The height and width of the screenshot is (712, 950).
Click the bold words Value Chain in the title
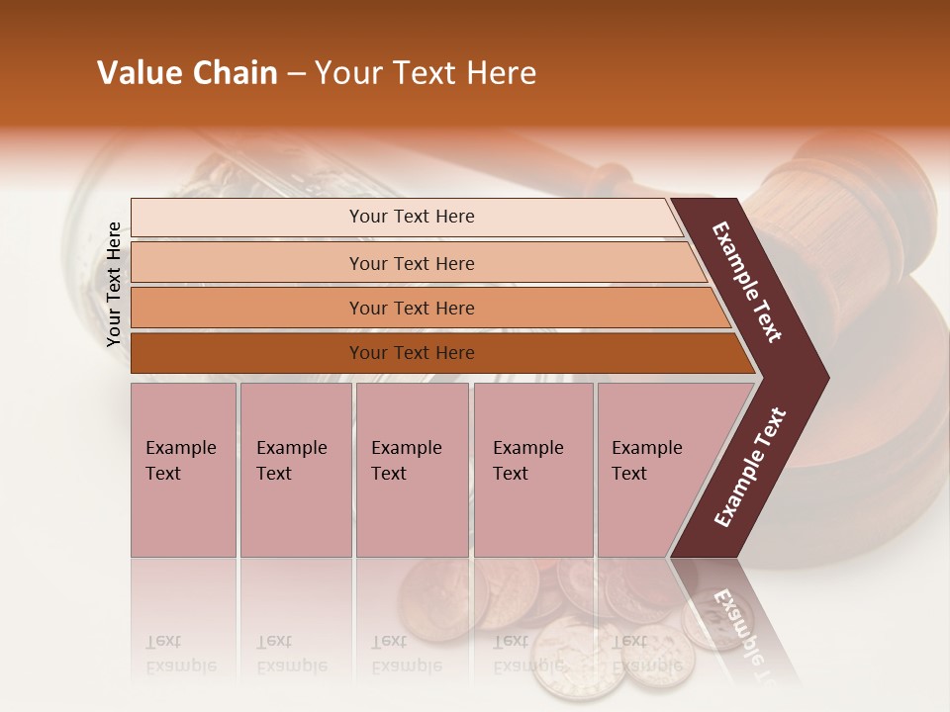(187, 73)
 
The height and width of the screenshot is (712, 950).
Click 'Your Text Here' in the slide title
(426, 73)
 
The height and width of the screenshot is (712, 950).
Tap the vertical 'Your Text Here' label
(114, 284)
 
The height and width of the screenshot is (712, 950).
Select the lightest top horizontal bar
(247, 218)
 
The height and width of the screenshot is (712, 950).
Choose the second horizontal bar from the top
(247, 263)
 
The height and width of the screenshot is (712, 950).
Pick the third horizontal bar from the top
(247, 308)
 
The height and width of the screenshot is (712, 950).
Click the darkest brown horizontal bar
(247, 353)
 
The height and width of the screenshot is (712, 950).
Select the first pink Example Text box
(183, 470)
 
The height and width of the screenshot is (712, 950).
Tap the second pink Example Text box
(295, 470)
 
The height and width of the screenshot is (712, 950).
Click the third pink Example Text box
(412, 470)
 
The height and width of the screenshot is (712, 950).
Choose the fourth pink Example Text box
(532, 470)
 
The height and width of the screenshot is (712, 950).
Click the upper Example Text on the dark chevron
(747, 282)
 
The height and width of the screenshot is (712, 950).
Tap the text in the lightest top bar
(412, 217)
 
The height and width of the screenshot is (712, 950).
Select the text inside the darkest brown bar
(412, 353)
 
